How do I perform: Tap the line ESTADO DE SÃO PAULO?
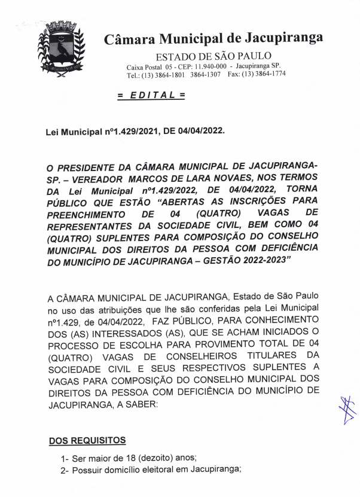pos(205,57)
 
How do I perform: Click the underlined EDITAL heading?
pos(151,95)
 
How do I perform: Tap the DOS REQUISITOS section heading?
pos(87,441)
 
